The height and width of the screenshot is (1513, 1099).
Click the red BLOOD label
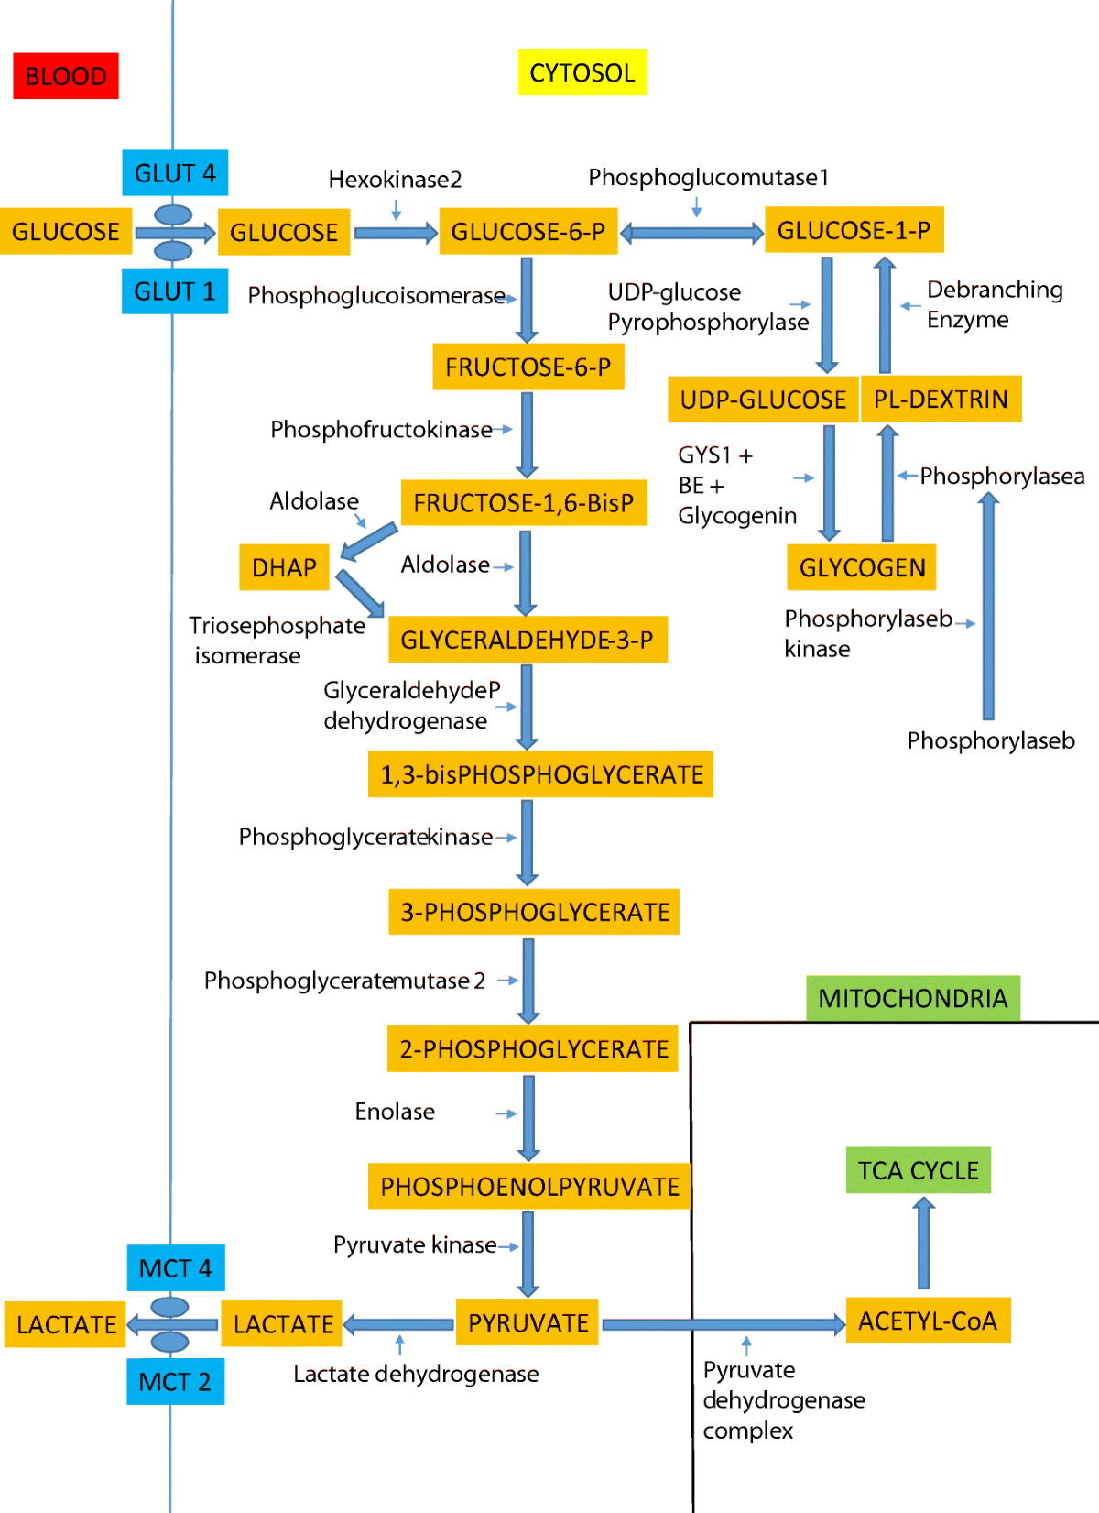tap(65, 76)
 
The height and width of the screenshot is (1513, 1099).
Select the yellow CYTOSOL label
tap(582, 72)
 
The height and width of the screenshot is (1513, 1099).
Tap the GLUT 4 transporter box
tap(175, 173)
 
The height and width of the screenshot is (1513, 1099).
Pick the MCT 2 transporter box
tap(175, 1381)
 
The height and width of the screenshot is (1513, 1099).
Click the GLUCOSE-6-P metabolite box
tap(528, 232)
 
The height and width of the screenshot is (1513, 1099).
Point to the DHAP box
tap(284, 567)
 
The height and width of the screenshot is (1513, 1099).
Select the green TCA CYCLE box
tap(918, 1170)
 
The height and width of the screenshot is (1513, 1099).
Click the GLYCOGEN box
tap(862, 567)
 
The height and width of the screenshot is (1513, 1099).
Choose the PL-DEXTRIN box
tap(941, 400)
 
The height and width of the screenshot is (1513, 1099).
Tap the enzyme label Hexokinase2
tap(395, 179)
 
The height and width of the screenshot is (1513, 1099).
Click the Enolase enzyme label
tap(395, 1112)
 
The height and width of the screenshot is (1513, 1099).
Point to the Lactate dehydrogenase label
tap(416, 1374)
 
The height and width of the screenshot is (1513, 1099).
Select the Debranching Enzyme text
tap(994, 304)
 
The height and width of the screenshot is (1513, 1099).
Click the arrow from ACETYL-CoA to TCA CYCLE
tap(923, 1244)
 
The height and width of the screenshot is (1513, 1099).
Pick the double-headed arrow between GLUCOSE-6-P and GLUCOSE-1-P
tap(691, 233)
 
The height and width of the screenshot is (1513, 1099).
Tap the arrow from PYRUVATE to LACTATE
tap(398, 1324)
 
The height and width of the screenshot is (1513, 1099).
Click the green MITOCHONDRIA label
tap(912, 998)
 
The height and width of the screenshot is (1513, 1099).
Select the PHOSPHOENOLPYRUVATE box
tap(529, 1187)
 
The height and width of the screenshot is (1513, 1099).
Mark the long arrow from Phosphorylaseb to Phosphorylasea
tap(988, 605)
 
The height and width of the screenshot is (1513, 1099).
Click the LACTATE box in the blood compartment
tap(66, 1324)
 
